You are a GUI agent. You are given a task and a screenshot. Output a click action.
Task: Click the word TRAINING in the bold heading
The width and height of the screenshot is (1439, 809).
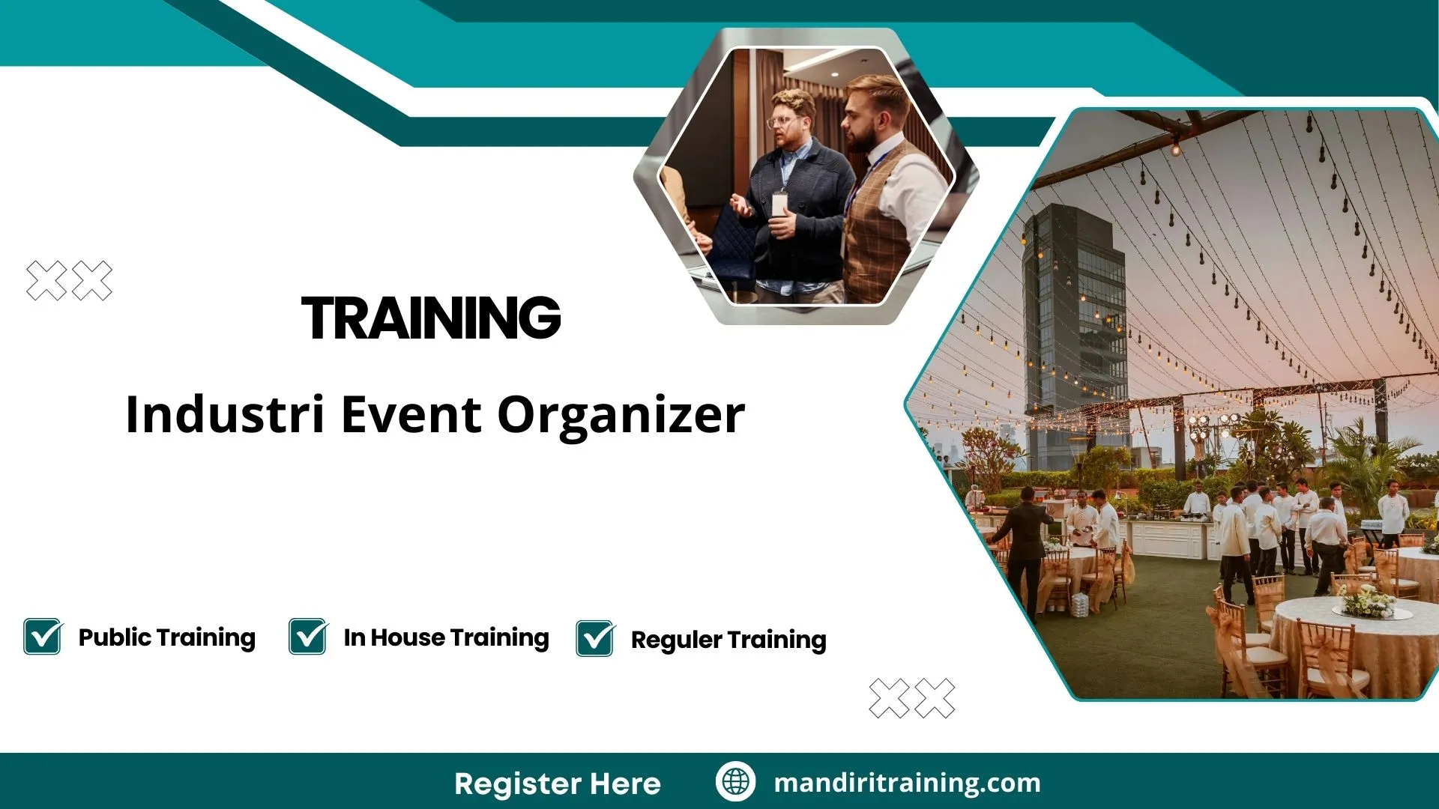pyautogui.click(x=431, y=318)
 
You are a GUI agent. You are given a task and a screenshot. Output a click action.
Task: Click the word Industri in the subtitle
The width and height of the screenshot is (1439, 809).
pyautogui.click(x=224, y=414)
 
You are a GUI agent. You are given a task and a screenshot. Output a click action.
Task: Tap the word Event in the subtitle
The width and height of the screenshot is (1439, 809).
pyautogui.click(x=411, y=414)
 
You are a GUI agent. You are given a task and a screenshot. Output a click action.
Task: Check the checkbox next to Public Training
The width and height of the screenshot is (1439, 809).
pyautogui.click(x=42, y=637)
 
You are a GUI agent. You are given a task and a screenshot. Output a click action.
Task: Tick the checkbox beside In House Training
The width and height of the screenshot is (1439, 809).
pyautogui.click(x=307, y=637)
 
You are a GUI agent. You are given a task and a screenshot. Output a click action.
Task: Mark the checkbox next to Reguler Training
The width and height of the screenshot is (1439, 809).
pyautogui.click(x=595, y=639)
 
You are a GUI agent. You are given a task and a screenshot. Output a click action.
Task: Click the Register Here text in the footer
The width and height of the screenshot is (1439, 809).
pyautogui.click(x=557, y=784)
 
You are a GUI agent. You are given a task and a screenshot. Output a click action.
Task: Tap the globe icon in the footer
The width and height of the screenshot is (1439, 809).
pyautogui.click(x=735, y=782)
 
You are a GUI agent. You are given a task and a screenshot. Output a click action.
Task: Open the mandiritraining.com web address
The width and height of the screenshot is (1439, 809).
pyautogui.click(x=907, y=783)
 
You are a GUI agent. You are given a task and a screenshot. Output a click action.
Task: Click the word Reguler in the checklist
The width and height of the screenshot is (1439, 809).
pyautogui.click(x=676, y=640)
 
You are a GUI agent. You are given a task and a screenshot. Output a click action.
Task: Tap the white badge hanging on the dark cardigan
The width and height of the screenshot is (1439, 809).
pyautogui.click(x=780, y=204)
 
